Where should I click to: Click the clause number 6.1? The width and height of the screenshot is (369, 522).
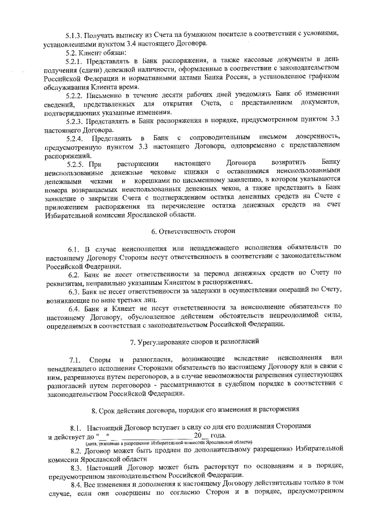[x=75, y=248]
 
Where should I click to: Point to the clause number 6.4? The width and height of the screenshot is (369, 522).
[x=75, y=307]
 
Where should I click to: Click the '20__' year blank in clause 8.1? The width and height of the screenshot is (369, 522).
[x=201, y=435]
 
